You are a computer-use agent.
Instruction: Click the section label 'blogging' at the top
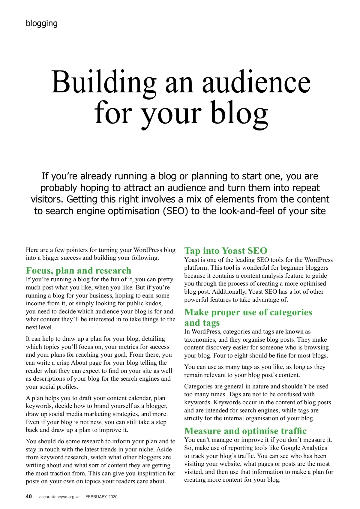click(x=42, y=23)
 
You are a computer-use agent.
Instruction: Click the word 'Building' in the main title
click(x=104, y=82)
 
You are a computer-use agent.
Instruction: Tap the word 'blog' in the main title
click(x=239, y=113)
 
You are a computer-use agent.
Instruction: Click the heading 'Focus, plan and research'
click(x=79, y=271)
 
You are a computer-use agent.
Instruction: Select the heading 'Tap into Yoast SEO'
click(x=226, y=251)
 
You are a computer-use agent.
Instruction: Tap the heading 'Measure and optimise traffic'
click(x=245, y=431)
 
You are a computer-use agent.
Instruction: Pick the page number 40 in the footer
click(x=29, y=496)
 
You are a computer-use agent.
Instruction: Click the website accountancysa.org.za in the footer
click(x=59, y=497)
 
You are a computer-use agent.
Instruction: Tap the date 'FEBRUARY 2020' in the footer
click(x=101, y=497)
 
